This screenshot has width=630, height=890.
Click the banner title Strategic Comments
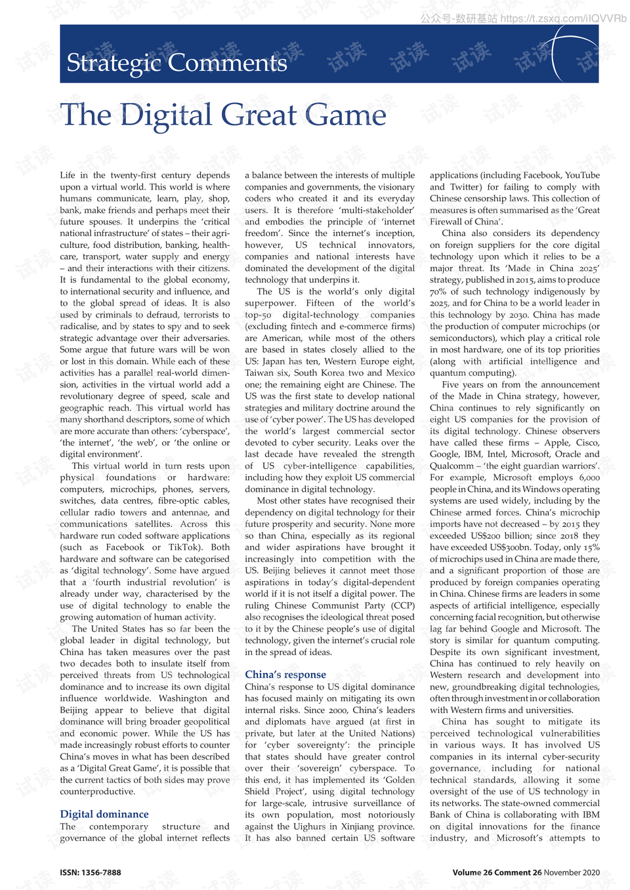(x=177, y=63)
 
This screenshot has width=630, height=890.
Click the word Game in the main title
(x=345, y=115)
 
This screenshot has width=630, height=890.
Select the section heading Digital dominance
(x=104, y=814)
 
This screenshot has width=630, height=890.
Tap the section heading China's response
(x=285, y=674)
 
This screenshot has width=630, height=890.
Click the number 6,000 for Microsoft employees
(x=589, y=477)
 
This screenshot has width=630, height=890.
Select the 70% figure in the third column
(x=438, y=291)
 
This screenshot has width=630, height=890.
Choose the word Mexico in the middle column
(x=400, y=373)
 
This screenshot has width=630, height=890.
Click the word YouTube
(x=582, y=175)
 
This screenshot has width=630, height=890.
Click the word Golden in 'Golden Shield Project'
(x=400, y=780)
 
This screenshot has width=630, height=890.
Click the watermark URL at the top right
(x=563, y=18)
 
